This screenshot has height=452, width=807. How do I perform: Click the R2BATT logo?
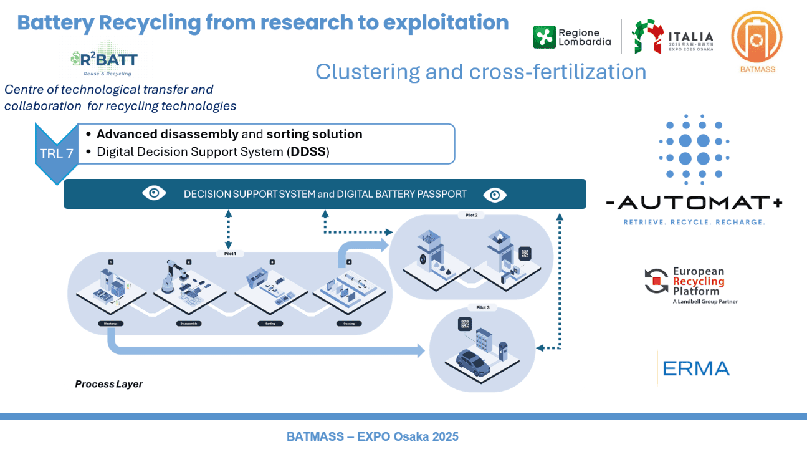click(x=103, y=60)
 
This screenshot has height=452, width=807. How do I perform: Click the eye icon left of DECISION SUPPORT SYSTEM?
click(x=154, y=194)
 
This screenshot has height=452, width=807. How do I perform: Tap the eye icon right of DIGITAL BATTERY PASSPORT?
click(x=495, y=195)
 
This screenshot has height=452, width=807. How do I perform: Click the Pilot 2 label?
click(x=471, y=215)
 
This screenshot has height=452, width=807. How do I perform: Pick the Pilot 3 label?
click(x=484, y=308)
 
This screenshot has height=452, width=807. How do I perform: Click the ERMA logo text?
click(x=695, y=368)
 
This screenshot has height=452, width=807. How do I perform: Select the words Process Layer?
click(x=109, y=384)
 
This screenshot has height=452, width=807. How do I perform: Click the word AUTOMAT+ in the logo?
click(x=694, y=203)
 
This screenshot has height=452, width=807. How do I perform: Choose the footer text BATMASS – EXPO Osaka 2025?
click(x=373, y=436)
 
